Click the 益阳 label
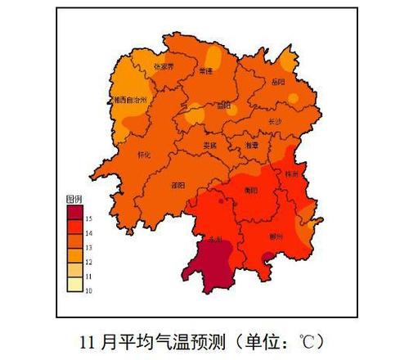(x=223, y=106)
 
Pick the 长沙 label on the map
(x=275, y=122)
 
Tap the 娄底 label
(x=210, y=145)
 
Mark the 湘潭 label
(x=252, y=145)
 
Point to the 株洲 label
(x=292, y=173)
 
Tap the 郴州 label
(x=276, y=236)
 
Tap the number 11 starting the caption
(x=88, y=338)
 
